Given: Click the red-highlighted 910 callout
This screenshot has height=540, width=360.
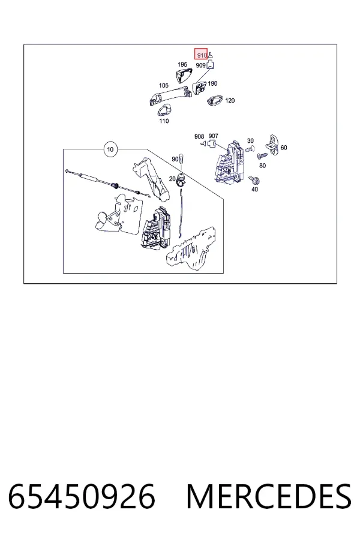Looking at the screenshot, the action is pyautogui.click(x=201, y=54).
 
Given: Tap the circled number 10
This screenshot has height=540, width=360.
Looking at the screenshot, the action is pyautogui.click(x=110, y=149).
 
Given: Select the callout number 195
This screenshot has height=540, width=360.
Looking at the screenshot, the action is pyautogui.click(x=182, y=64).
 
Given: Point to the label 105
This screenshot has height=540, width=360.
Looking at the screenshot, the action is pyautogui.click(x=164, y=85).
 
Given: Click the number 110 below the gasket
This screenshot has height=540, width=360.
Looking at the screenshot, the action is pyautogui.click(x=164, y=121).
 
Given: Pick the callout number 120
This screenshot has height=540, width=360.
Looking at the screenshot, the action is pyautogui.click(x=230, y=101).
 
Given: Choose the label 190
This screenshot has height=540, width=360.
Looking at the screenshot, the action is pyautogui.click(x=212, y=83).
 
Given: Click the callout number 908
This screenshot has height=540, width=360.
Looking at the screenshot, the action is pyautogui.click(x=199, y=136).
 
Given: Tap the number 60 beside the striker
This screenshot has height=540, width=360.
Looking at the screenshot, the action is pyautogui.click(x=284, y=148).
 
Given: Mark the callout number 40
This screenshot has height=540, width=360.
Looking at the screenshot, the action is pyautogui.click(x=254, y=189).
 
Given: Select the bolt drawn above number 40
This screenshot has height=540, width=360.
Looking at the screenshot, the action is pyautogui.click(x=254, y=179).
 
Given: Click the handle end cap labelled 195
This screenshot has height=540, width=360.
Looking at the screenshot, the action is pyautogui.click(x=184, y=75).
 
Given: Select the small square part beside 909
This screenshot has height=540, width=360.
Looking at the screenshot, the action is pyautogui.click(x=210, y=64).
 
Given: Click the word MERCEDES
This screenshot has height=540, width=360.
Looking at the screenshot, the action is pyautogui.click(x=269, y=496).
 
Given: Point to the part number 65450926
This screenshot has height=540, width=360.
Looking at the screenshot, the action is pyautogui.click(x=82, y=496).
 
